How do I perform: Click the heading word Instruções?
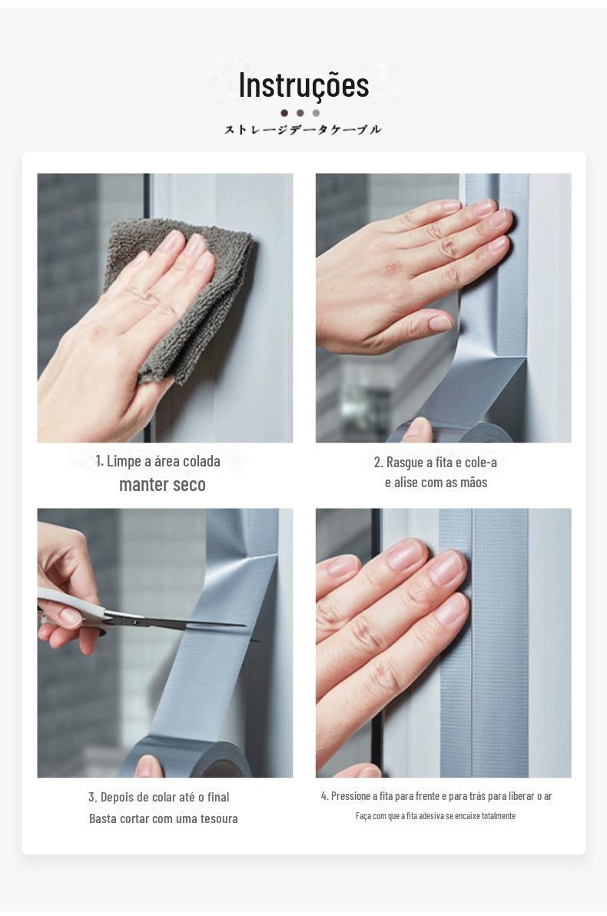click(303, 85)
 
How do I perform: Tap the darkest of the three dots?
click(284, 113)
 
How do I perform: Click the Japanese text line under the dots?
click(303, 129)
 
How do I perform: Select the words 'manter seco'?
click(162, 484)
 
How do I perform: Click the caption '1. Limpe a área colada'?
click(158, 461)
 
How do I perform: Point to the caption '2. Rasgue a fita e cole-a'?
click(435, 462)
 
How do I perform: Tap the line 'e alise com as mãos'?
click(436, 483)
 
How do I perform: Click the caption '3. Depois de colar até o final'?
click(159, 797)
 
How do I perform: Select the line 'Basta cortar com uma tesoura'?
click(164, 818)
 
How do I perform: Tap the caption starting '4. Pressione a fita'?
click(436, 795)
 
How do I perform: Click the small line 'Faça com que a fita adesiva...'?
click(436, 815)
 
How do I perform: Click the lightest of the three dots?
click(316, 113)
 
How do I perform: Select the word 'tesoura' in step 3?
click(219, 818)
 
